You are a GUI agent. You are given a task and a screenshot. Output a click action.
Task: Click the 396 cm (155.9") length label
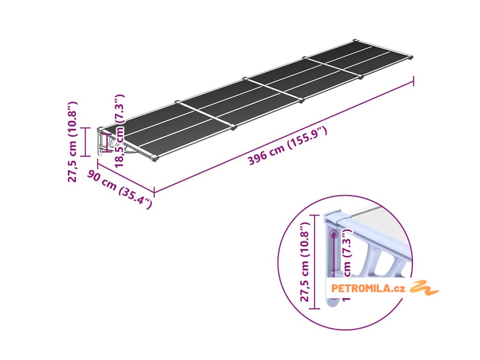pos(287,146)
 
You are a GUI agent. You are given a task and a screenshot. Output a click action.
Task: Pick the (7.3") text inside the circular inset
pos(347,245)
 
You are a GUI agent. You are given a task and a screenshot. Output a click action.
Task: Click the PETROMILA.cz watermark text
pos(367,288)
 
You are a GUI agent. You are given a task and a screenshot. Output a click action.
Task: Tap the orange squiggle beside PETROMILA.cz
pos(425,287)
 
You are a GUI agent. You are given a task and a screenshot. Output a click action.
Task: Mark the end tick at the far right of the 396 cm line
pos(413,81)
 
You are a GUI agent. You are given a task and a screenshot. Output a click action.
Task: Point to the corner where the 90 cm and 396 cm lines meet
pos(154,192)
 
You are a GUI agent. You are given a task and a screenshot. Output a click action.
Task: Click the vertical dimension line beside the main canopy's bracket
pos(85,141)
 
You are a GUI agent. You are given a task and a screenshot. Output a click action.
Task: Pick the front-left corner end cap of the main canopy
pos(155,160)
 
